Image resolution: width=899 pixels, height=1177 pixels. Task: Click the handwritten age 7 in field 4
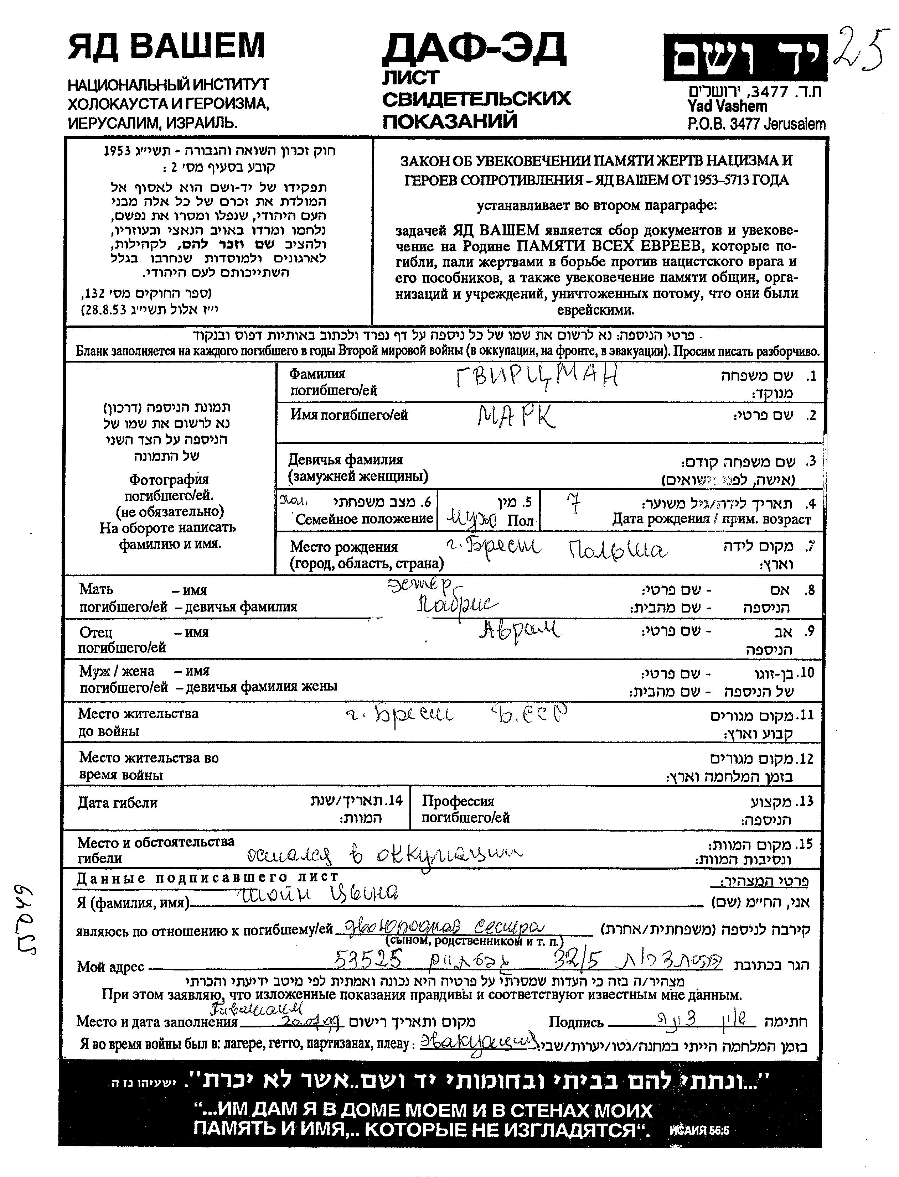574,503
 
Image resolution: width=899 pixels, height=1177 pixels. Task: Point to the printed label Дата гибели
118,802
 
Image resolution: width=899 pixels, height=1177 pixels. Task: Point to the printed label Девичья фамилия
345,459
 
